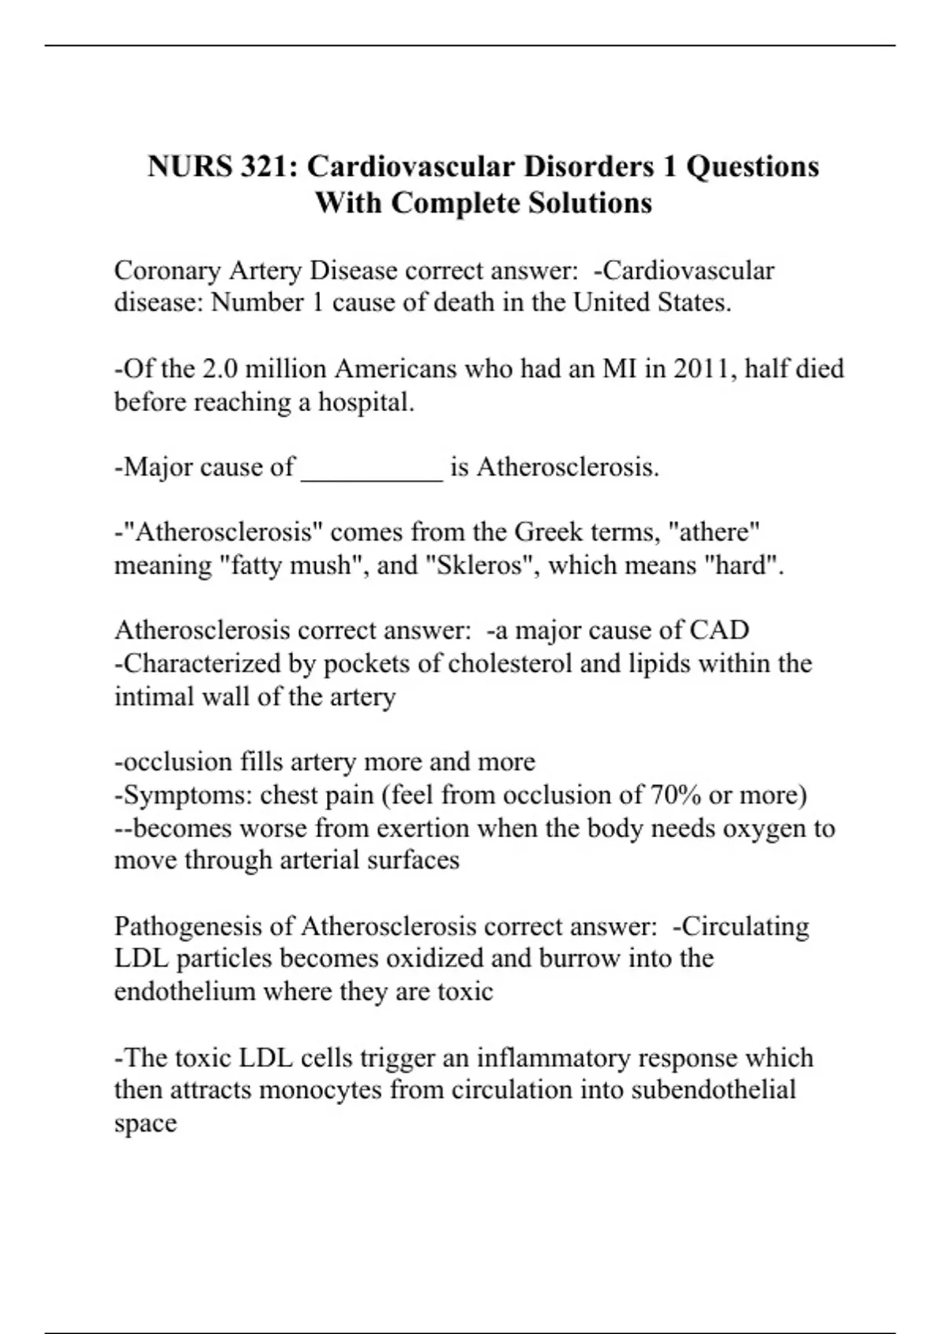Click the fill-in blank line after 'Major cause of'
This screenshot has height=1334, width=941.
372,469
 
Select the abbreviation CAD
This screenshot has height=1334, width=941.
719,630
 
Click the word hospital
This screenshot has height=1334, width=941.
365,403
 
